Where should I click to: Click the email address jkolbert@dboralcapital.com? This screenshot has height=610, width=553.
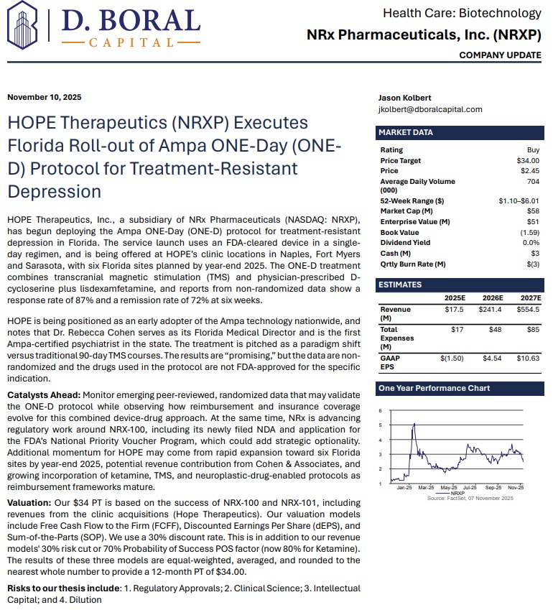tap(430, 109)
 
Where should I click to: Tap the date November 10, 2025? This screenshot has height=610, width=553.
tap(45, 98)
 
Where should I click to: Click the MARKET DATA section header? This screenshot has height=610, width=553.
tap(406, 132)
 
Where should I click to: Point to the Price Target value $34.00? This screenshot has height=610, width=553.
tap(528, 160)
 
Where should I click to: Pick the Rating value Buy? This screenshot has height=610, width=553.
tap(533, 149)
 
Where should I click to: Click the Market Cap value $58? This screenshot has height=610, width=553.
tap(533, 211)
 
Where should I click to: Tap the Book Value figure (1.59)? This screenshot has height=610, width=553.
tap(529, 232)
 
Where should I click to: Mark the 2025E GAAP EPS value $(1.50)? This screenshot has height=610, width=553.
tap(452, 356)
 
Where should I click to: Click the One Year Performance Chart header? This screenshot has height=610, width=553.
tap(434, 388)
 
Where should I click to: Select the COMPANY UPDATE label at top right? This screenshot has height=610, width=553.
tap(500, 55)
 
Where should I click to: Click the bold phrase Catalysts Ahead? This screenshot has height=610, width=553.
tap(44, 396)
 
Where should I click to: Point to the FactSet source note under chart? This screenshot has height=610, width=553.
tap(470, 498)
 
